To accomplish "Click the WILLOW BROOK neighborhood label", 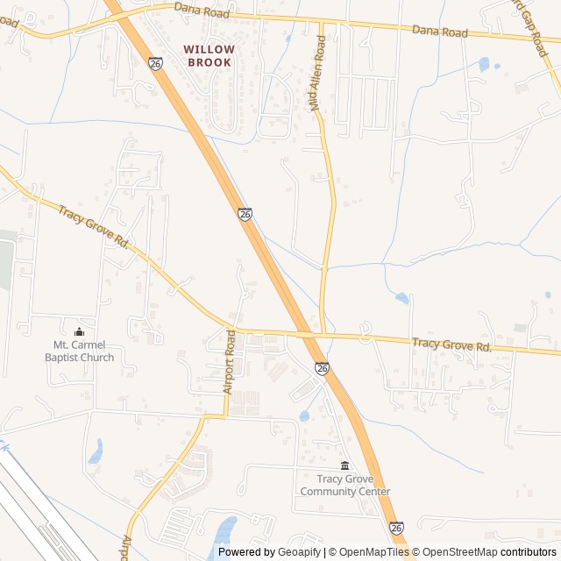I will click(x=209, y=56).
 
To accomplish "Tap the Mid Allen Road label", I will click(x=317, y=73).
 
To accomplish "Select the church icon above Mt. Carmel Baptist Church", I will click(x=80, y=331).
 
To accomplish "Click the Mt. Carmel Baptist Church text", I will click(x=79, y=352).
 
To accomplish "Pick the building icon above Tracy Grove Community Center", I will click(x=344, y=465).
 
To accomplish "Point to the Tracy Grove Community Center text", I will click(x=344, y=485).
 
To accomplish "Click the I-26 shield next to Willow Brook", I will click(x=155, y=64).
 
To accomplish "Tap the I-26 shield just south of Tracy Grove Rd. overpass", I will click(x=323, y=370).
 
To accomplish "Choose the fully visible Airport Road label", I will click(x=230, y=361).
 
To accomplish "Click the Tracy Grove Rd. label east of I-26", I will click(x=452, y=347).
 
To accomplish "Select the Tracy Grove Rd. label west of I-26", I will click(x=94, y=227).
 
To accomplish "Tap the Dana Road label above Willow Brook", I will click(x=202, y=11).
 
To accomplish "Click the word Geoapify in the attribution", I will click(x=300, y=552).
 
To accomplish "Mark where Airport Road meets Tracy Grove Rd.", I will click(x=233, y=330).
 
